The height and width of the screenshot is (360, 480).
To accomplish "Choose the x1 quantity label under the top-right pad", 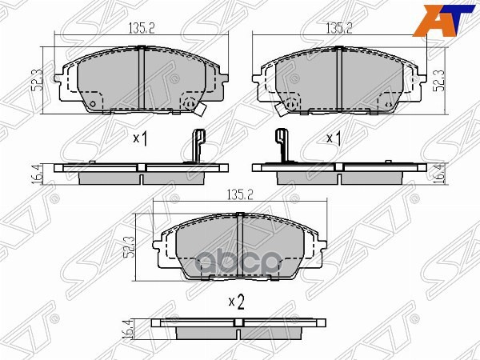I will tap(334, 138).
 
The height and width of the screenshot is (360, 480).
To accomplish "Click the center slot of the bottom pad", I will tap(241, 248).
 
